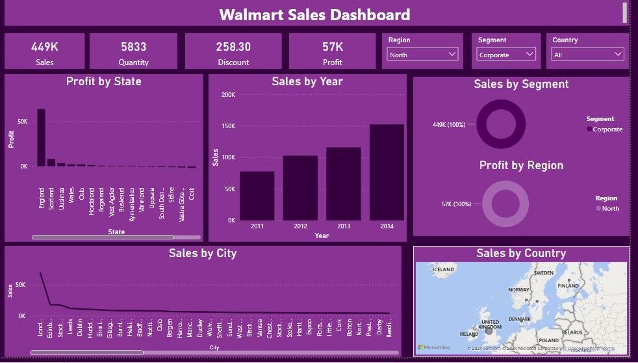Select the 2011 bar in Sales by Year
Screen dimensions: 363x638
(257, 195)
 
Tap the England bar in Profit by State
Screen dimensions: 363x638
(41, 137)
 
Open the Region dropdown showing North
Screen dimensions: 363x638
(423, 55)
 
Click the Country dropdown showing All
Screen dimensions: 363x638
(587, 55)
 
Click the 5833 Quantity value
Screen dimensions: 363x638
(133, 47)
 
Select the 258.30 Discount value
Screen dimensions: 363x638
(233, 47)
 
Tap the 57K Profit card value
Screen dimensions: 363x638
(333, 47)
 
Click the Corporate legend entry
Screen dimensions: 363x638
(607, 129)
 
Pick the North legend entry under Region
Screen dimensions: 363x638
(610, 209)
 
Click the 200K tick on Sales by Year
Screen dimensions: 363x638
(228, 95)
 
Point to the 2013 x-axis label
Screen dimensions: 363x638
(343, 226)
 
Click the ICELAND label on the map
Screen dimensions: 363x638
(444, 269)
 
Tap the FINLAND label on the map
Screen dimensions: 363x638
(568, 286)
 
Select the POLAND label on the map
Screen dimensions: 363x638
(548, 340)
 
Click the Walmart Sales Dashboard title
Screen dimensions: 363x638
(314, 14)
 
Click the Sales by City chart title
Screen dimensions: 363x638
(202, 253)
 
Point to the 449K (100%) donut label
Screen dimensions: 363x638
(448, 125)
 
